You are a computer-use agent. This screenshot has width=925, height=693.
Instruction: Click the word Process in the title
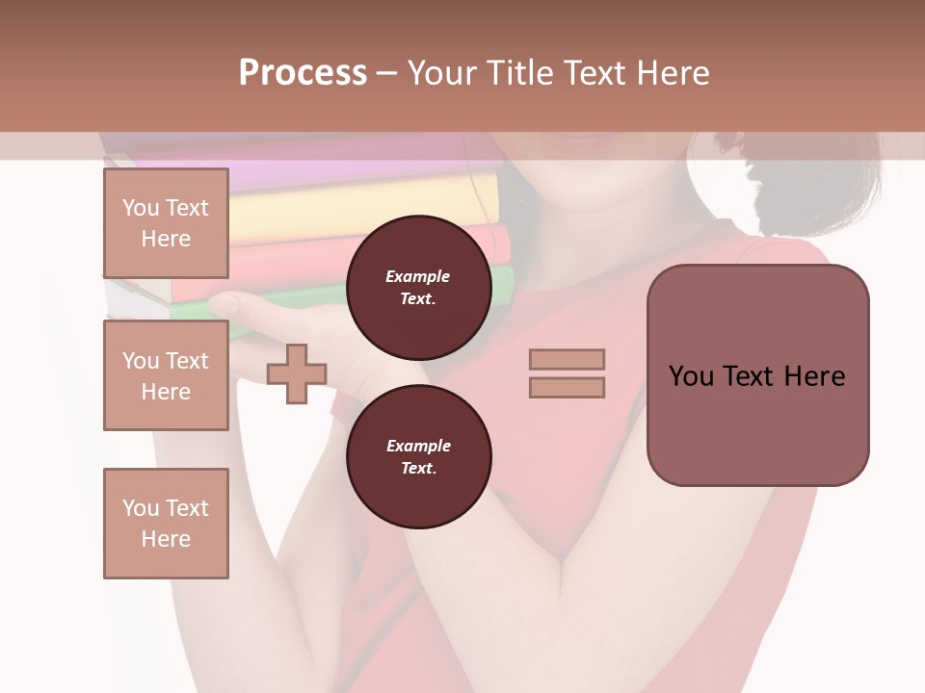tap(303, 73)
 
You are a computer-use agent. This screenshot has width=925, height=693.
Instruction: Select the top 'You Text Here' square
tap(166, 223)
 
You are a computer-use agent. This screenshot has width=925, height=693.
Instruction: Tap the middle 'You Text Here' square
tap(166, 375)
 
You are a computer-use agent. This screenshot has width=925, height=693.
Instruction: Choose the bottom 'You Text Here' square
tap(166, 524)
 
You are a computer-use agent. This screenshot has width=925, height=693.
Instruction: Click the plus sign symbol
tap(296, 372)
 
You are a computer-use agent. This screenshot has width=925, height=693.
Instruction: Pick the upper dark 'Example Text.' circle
tap(418, 288)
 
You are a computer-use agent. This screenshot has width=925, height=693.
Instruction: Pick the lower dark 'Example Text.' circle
tap(418, 457)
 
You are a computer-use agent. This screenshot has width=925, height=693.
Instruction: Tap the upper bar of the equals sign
tap(567, 359)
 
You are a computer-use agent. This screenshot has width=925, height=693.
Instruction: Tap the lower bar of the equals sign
tap(567, 387)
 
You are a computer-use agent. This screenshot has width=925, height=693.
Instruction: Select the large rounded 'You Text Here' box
tap(757, 375)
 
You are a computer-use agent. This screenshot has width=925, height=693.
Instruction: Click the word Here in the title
tap(674, 73)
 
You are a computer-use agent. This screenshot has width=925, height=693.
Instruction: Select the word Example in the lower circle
tap(418, 446)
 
